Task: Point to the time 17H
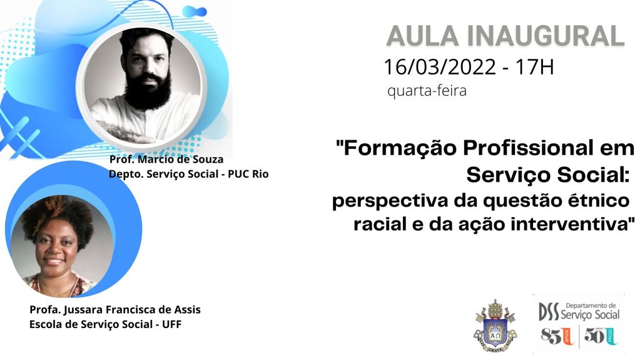(534, 66)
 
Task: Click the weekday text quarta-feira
(427, 91)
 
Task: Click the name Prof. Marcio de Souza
(166, 159)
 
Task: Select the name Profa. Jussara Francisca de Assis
(115, 310)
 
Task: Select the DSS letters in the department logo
(549, 311)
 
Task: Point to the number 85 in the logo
(550, 337)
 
